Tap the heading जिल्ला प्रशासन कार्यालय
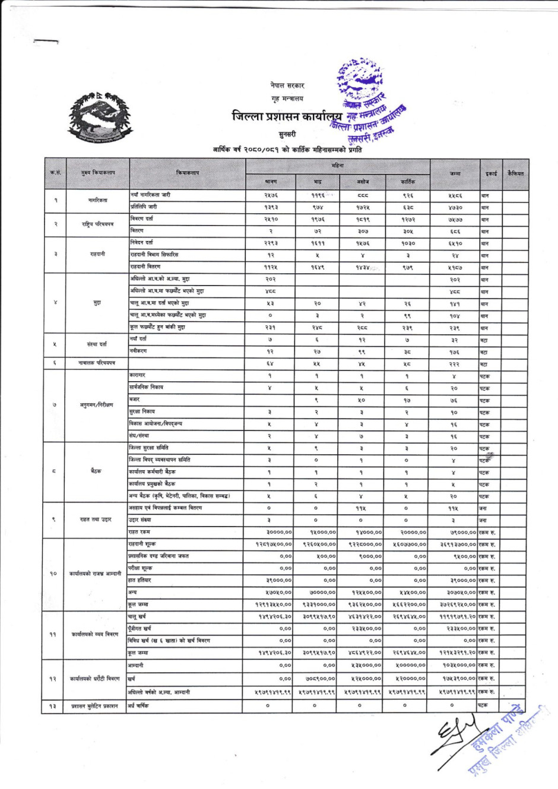(x=287, y=116)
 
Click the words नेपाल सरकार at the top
(x=287, y=85)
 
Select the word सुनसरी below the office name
(x=287, y=134)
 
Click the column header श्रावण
(x=270, y=181)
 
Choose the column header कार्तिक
(x=408, y=181)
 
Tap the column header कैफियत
(x=515, y=173)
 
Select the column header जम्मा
(x=455, y=173)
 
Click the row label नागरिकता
(x=98, y=201)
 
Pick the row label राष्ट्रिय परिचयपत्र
(x=98, y=224)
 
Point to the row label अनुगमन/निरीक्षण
(x=98, y=405)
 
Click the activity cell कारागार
(x=137, y=375)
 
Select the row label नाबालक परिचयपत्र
(x=98, y=363)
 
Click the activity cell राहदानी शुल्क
(x=142, y=544)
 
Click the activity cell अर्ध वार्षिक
(x=139, y=706)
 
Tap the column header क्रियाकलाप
(x=188, y=173)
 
